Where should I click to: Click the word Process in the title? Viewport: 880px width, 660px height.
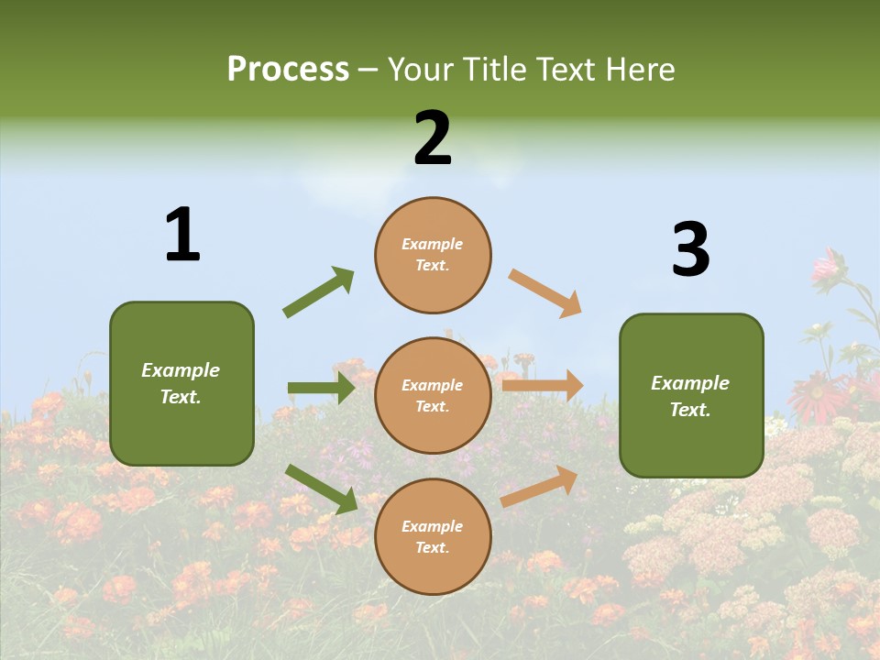pos(288,69)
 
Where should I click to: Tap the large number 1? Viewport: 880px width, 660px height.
pos(182,235)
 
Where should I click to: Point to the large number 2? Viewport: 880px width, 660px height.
pos(433,138)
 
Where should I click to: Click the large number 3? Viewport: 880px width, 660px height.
pos(690,249)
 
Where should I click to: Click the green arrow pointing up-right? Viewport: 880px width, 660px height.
pos(318,292)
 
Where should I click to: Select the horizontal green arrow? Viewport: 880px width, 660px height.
pos(321,388)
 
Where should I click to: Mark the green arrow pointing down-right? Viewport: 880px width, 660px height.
pos(321,489)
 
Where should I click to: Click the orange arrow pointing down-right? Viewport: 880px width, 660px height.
pos(544,292)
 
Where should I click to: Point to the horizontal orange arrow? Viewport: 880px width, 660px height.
pos(542,386)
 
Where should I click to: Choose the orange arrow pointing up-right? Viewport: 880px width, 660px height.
pos(539,486)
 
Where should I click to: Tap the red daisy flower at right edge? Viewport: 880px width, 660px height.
pos(816,395)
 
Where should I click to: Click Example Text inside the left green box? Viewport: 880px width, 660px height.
pos(181,383)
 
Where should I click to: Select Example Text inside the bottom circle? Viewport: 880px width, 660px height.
pos(433,536)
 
